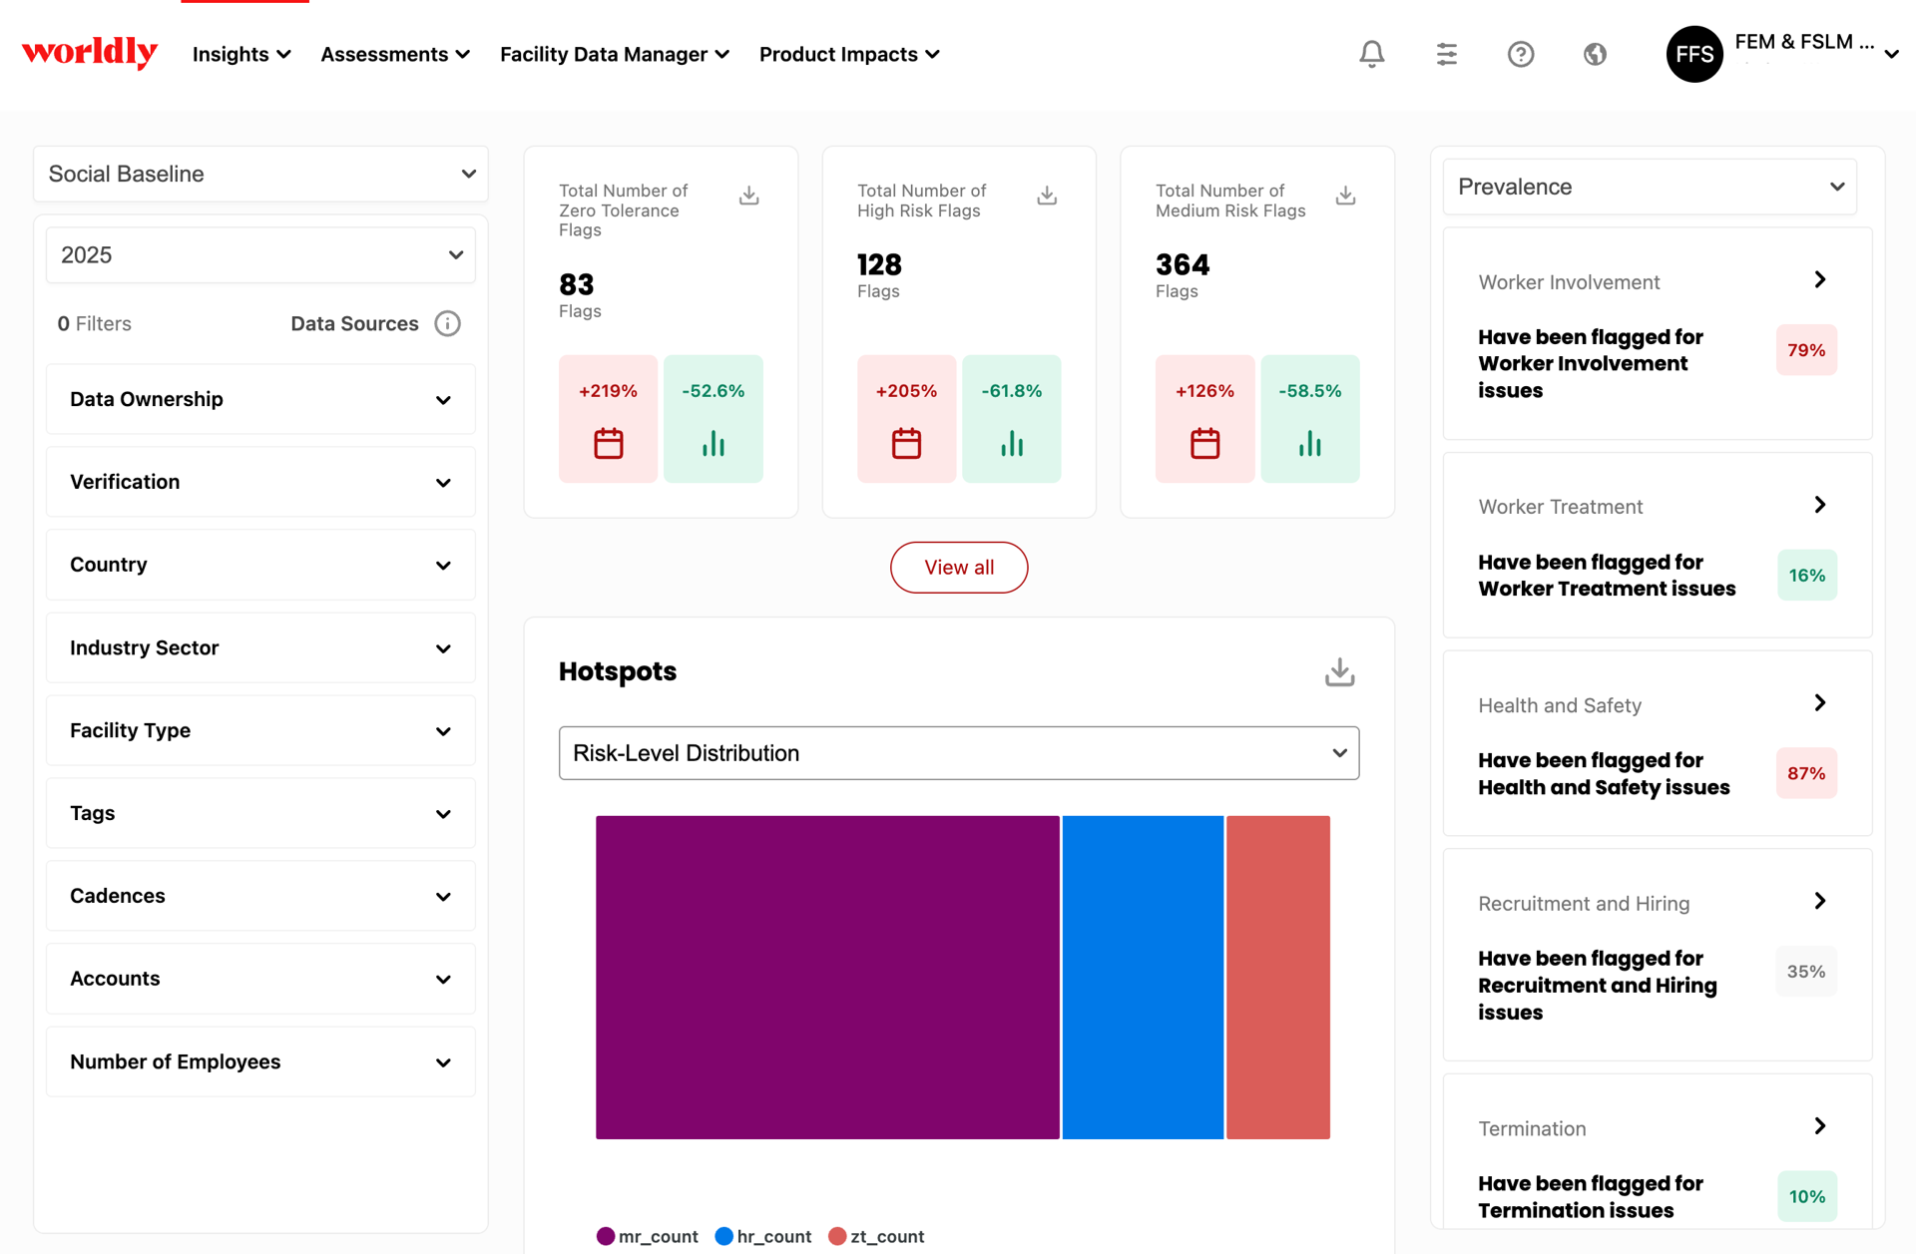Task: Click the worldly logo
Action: [90, 53]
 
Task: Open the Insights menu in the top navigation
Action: [241, 54]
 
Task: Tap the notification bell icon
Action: [1372, 54]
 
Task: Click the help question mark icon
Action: [1521, 54]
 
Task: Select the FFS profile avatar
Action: [1694, 54]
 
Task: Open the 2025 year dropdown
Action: [260, 254]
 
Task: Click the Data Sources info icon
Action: [447, 323]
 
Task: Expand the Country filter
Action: [260, 565]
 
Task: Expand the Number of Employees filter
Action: [260, 1061]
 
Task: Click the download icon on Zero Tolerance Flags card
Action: [749, 196]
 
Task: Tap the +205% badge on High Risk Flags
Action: [906, 419]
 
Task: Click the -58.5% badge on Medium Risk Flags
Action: [1310, 419]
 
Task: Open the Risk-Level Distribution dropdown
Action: [959, 753]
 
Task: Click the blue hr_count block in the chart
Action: [1143, 978]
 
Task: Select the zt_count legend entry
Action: [876, 1237]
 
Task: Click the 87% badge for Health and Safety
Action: [1806, 773]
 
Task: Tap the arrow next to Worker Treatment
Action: [1820, 505]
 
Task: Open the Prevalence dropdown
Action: [1650, 187]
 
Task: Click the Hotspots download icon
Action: [1340, 672]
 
